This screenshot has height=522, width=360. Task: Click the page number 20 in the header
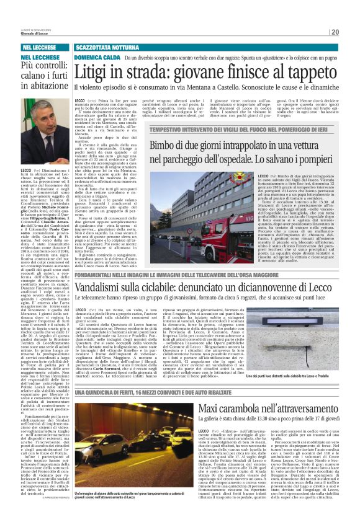coord(352,33)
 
